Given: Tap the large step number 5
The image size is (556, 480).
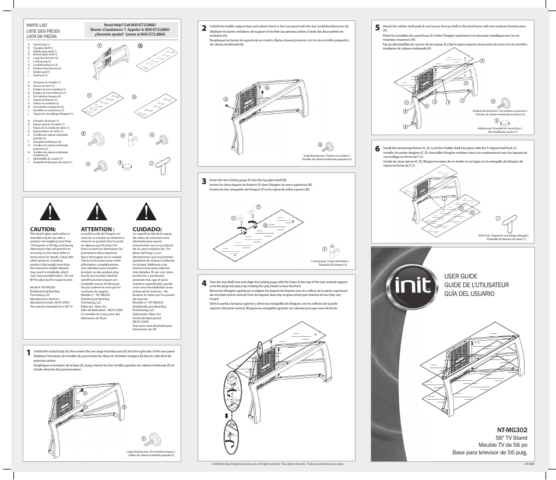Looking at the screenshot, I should coord(378,27).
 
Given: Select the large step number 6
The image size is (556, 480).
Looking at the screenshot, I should coord(378,149).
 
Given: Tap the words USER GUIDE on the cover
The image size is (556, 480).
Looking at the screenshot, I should coord(461,276).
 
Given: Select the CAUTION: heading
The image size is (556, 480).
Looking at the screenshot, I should coord(43,229).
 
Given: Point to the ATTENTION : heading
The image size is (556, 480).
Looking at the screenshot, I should coord(97,229).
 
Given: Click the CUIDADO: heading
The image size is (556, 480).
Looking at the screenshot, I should coord(147,229).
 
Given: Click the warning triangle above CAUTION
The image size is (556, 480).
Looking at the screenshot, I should coord(54,211).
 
